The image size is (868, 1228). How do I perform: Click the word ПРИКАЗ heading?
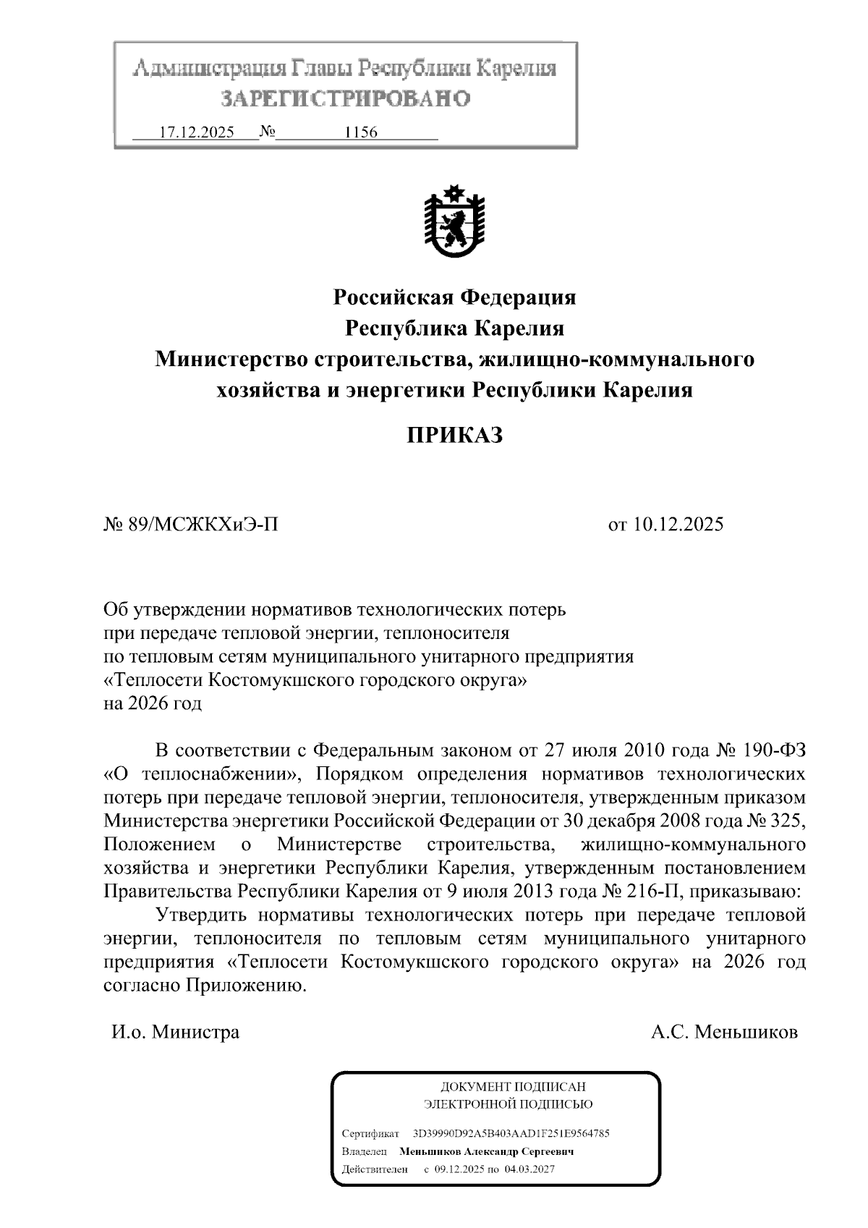click(x=454, y=436)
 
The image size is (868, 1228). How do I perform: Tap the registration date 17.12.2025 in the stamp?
click(x=196, y=133)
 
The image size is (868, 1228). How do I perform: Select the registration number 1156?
click(x=362, y=133)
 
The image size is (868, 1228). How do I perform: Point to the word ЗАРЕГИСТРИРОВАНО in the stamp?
click(x=345, y=98)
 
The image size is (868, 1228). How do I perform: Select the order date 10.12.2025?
click(x=678, y=525)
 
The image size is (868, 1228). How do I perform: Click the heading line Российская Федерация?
click(x=454, y=297)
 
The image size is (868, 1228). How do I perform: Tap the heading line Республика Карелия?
click(x=454, y=329)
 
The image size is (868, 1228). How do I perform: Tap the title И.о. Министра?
click(x=175, y=1032)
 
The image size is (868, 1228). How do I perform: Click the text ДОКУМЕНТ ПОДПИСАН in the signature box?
click(x=513, y=1087)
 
